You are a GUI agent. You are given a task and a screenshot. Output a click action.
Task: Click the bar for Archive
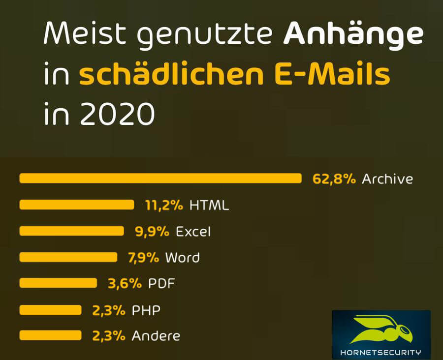160,178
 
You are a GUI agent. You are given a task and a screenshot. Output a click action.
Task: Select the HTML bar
77,205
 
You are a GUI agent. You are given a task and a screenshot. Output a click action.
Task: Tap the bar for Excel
72,231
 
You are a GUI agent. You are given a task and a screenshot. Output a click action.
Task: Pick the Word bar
68,257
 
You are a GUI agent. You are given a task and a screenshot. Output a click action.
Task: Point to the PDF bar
59,283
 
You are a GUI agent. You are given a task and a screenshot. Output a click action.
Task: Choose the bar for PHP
51,309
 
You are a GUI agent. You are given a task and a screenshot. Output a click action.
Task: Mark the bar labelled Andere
51,335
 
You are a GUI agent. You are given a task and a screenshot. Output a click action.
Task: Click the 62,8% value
334,179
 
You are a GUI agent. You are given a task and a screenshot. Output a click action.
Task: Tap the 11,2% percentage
164,205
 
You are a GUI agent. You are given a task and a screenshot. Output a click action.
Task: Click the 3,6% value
125,283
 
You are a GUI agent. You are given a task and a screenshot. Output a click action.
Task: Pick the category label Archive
387,179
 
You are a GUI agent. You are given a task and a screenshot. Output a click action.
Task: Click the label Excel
193,231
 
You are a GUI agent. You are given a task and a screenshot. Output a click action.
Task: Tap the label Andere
156,336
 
